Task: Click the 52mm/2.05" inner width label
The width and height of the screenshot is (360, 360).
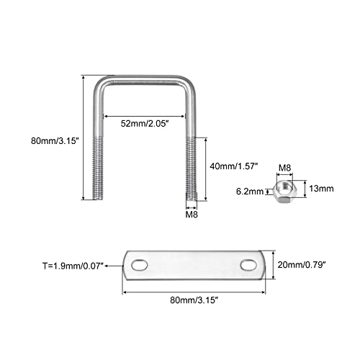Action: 143,124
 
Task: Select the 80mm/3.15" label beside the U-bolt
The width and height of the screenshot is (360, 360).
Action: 55,140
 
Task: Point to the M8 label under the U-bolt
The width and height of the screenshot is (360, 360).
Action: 192,215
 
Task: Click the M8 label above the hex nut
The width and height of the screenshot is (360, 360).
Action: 284,168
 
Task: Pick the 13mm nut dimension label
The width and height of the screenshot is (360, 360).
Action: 321,189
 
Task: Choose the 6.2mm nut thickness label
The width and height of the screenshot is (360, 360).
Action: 250,192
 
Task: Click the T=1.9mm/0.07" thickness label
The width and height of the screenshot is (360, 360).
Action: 73,266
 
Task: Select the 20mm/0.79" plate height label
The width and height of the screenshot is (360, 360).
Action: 302,265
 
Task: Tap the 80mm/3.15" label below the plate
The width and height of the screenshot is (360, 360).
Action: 194,300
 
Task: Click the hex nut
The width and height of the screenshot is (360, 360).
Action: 285,192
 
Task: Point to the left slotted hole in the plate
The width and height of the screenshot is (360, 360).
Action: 139,266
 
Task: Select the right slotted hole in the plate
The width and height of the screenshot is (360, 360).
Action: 249,265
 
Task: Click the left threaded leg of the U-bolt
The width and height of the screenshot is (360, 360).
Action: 98,168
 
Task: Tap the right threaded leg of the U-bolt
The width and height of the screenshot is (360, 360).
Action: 192,169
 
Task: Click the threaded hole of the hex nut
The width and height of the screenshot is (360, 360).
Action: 286,186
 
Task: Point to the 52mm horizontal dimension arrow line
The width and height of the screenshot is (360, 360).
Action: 144,117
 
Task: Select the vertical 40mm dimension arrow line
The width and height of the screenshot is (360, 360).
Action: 206,169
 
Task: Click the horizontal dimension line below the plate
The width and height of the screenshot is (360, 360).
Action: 194,292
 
